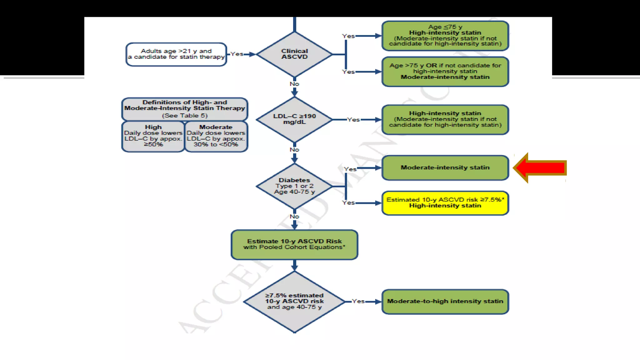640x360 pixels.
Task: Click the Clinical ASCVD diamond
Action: [294, 54]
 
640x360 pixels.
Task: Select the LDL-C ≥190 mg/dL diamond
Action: [294, 119]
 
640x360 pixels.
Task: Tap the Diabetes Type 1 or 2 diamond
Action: [294, 186]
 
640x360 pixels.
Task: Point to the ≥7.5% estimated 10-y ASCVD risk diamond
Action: [294, 302]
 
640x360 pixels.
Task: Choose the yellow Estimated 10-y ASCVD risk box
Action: [445, 203]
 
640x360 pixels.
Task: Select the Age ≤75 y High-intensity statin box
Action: [445, 36]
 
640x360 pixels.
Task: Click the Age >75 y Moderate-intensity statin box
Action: [445, 72]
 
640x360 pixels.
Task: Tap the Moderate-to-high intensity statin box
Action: [445, 302]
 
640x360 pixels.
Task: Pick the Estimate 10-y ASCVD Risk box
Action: [294, 244]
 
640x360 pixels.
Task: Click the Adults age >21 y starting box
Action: [176, 54]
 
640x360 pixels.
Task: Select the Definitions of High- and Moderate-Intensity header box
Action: [184, 109]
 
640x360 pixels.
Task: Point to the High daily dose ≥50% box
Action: [153, 136]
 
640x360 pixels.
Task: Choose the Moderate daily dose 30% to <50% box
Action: [216, 136]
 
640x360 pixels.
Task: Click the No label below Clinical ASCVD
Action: [294, 84]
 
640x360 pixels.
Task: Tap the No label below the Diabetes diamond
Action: [294, 217]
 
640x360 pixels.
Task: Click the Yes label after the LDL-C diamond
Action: [353, 120]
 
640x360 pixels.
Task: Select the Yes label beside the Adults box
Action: [237, 54]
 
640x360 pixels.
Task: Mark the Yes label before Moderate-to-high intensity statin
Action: [358, 301]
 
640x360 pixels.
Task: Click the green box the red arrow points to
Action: [445, 168]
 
